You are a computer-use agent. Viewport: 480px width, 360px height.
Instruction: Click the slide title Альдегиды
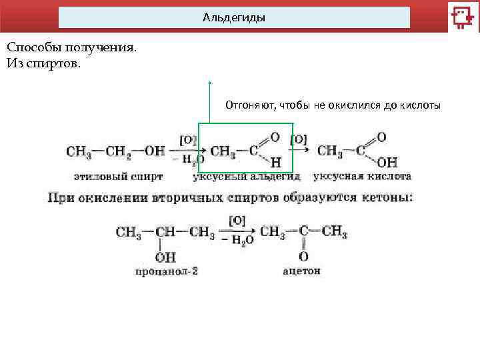coord(234,18)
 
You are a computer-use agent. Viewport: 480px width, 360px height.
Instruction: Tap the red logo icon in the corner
coord(461,17)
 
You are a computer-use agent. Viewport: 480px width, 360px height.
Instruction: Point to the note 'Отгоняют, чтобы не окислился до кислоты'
coord(333,105)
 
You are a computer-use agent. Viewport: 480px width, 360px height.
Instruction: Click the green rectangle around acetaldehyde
coord(246,125)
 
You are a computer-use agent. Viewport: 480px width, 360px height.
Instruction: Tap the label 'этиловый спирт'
coord(119,177)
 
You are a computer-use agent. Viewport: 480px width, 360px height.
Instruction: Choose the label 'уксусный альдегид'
coord(246,177)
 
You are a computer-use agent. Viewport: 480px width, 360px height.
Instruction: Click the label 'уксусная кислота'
coord(362,177)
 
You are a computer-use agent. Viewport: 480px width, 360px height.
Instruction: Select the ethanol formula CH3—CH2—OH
coord(115,151)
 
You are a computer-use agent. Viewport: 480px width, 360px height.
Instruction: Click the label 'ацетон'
coord(301,271)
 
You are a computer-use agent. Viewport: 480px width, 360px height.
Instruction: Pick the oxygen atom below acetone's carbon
coord(303,256)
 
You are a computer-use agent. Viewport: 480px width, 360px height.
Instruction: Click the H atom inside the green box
coord(275,162)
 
